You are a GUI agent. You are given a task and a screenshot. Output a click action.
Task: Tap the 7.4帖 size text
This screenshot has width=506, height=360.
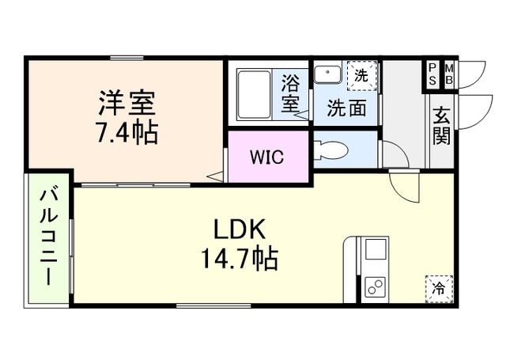[127, 131]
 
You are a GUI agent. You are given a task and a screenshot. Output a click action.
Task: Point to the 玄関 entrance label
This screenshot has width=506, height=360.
[440, 126]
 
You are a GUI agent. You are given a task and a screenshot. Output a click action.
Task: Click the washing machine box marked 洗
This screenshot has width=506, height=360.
[361, 77]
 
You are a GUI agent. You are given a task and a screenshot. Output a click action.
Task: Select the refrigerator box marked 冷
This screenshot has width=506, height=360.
[437, 287]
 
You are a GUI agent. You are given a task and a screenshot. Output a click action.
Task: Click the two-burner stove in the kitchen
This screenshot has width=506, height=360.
[372, 287]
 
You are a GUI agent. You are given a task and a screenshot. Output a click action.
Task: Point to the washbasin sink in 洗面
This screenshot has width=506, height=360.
[325, 74]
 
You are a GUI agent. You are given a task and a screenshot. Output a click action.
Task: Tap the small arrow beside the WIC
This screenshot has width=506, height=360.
[214, 176]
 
